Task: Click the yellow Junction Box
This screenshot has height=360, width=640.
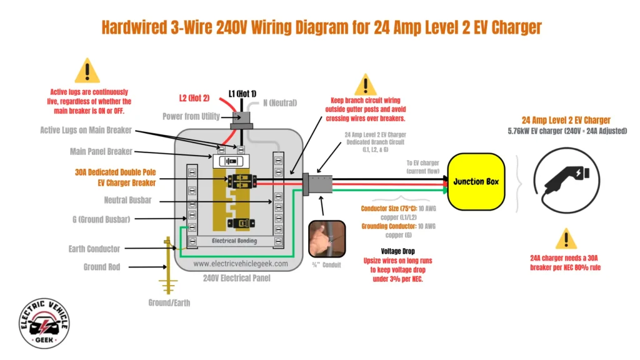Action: [476, 181]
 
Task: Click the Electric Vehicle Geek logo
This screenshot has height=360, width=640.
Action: [44, 323]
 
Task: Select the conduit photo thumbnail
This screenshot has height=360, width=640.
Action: [327, 238]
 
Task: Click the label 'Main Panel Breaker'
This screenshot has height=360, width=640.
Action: [99, 151]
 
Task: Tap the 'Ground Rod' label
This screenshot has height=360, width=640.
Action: [102, 267]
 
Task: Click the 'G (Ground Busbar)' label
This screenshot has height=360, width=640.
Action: [101, 219]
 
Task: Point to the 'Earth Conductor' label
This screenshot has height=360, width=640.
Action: [94, 249]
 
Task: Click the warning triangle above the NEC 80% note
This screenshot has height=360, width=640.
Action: [566, 238]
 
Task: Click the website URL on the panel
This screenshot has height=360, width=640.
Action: [241, 264]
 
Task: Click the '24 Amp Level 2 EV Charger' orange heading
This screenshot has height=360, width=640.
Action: [566, 120]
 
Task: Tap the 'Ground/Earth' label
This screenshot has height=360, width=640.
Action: [169, 302]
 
